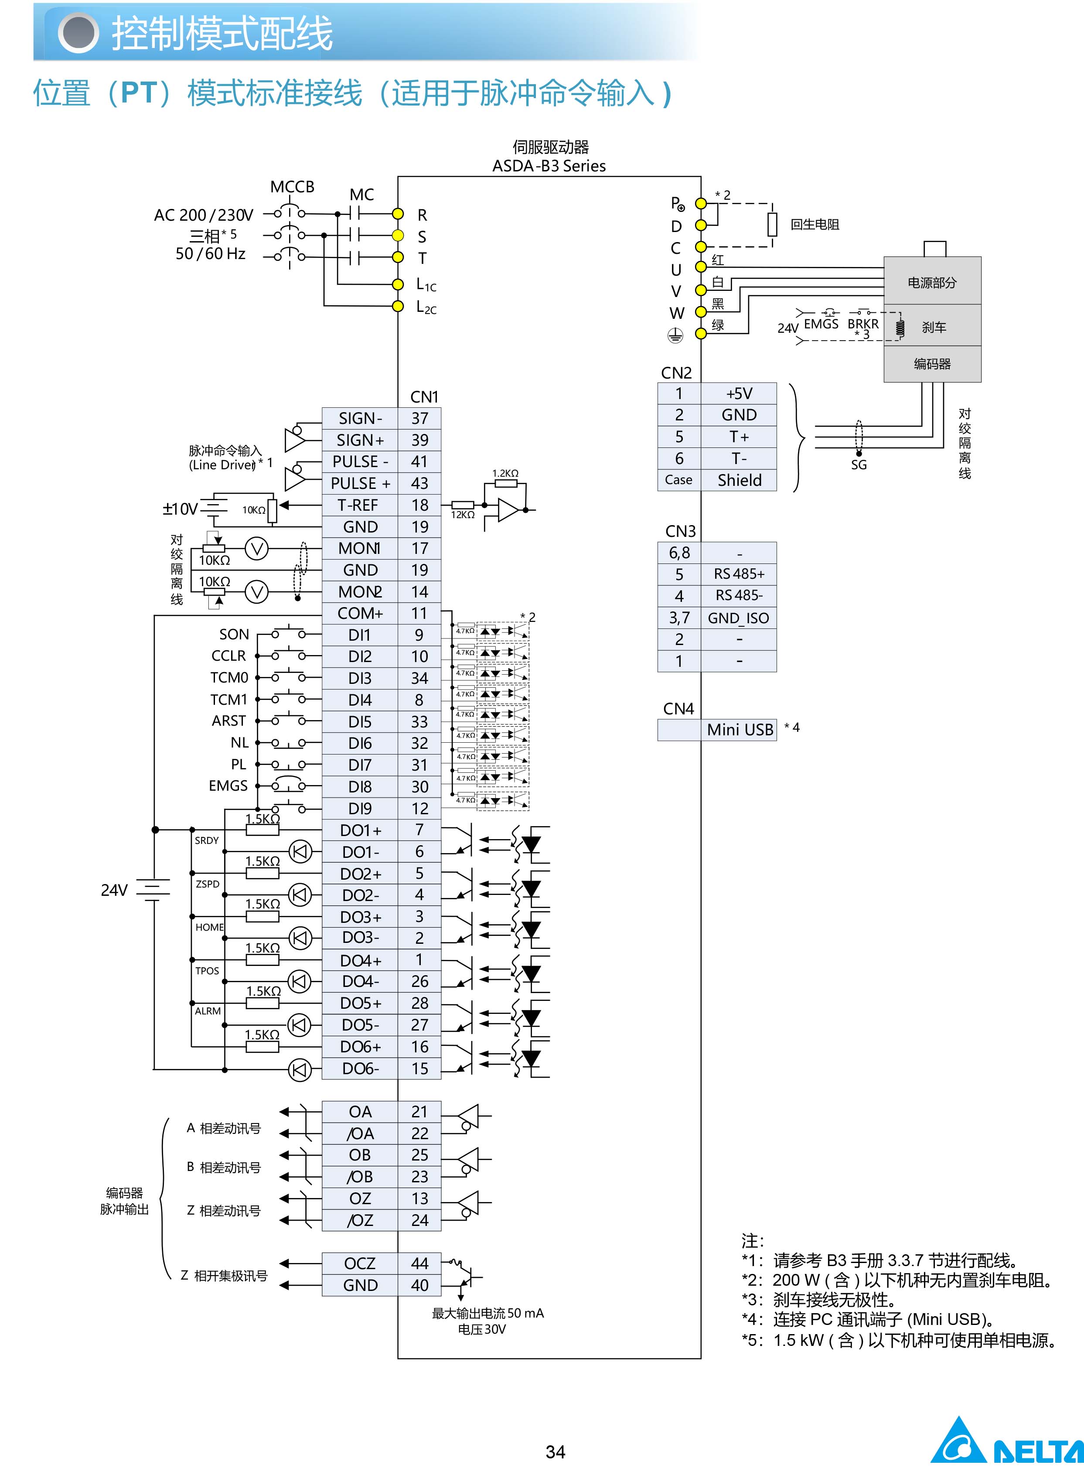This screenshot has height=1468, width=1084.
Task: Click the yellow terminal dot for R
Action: tap(398, 214)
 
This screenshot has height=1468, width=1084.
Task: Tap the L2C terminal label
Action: tap(426, 307)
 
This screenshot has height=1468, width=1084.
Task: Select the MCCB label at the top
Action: tap(292, 187)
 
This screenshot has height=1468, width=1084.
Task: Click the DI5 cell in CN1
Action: tap(360, 722)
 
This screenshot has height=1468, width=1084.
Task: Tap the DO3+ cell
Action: tap(360, 917)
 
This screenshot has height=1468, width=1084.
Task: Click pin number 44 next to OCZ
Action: tap(419, 1263)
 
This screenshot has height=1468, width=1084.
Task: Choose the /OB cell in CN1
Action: tap(360, 1177)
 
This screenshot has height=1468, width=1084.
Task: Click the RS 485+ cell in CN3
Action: tap(739, 574)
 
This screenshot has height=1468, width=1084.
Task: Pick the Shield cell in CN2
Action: tap(739, 480)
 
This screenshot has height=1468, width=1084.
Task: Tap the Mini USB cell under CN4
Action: tap(740, 730)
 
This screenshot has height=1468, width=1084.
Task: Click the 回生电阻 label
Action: tap(815, 225)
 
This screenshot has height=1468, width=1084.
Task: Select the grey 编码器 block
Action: tap(932, 364)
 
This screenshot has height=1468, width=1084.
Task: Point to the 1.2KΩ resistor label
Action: tap(505, 473)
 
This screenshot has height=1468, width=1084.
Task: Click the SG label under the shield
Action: tap(858, 464)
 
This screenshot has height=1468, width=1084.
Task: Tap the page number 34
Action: tap(555, 1451)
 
